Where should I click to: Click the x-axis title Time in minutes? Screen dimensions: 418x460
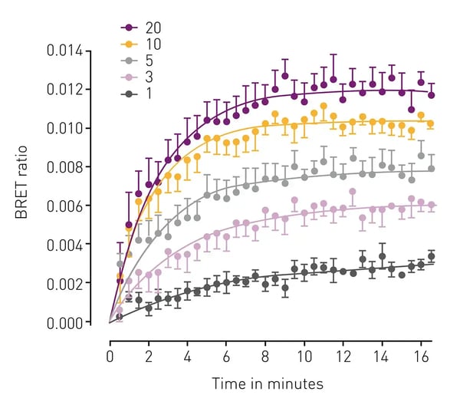click(x=268, y=383)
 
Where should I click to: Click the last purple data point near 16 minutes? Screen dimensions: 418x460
click(x=431, y=95)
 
